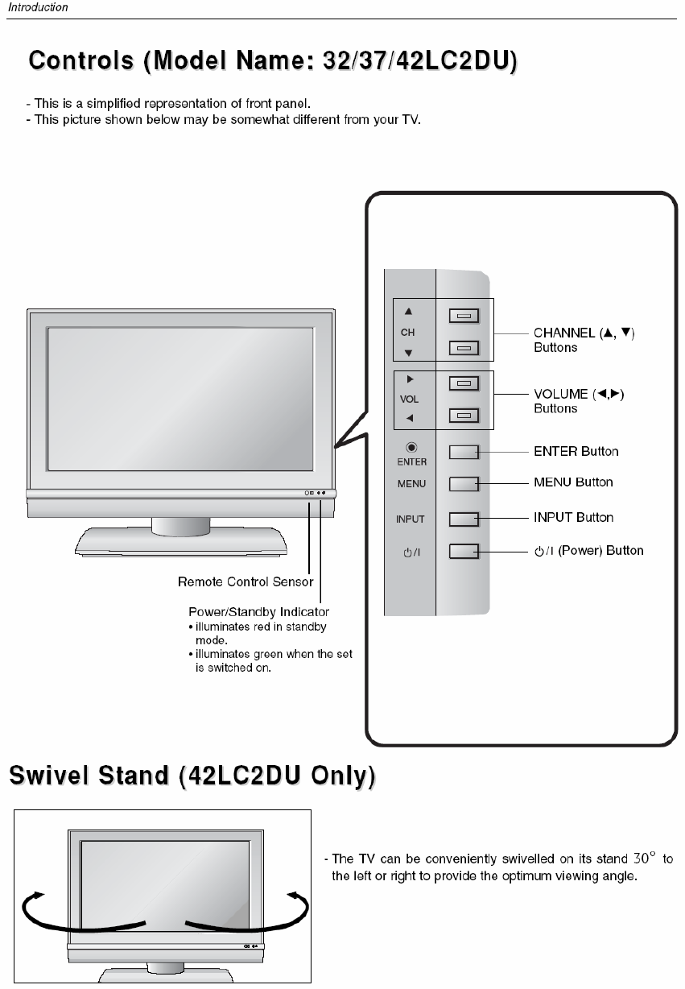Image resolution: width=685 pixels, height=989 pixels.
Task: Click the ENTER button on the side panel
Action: [464, 452]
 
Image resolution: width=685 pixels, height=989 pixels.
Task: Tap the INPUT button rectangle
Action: [464, 519]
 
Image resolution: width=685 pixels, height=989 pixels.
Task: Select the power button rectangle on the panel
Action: [464, 552]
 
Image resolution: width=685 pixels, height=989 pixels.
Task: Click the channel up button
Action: [464, 316]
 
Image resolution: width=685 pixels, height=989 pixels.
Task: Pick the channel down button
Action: [464, 349]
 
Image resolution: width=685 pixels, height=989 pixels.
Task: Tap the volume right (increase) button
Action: [464, 383]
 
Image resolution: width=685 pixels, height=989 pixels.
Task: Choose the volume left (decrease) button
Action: [464, 416]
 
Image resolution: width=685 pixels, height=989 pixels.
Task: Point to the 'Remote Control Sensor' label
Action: [246, 581]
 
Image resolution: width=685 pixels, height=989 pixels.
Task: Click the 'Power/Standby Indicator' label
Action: [258, 612]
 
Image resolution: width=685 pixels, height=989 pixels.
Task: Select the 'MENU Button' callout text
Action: [573, 482]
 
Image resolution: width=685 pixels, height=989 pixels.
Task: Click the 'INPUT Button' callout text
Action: [573, 517]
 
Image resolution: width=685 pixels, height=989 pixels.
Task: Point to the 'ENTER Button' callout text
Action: [576, 451]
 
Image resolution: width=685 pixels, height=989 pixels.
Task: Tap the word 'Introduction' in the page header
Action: [38, 7]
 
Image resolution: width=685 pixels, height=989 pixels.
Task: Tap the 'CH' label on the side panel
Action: [408, 332]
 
